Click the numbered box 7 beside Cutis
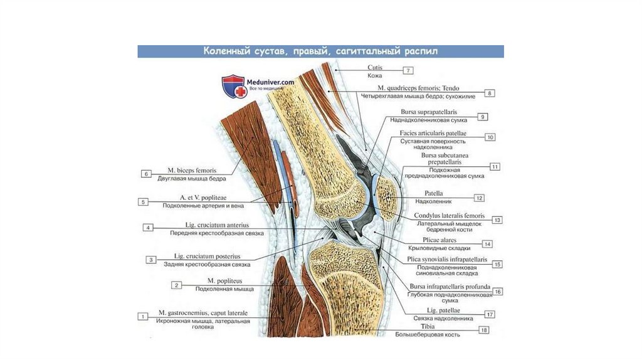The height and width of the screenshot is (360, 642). pyautogui.click(x=408, y=70)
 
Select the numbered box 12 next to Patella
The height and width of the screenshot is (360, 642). pyautogui.click(x=479, y=198)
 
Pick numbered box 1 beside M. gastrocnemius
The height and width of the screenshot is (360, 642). pyautogui.click(x=144, y=316)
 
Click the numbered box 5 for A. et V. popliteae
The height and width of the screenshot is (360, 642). pyautogui.click(x=144, y=202)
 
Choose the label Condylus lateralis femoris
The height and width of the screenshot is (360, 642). pyautogui.click(x=449, y=216)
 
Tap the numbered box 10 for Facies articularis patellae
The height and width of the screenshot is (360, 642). pyautogui.click(x=490, y=137)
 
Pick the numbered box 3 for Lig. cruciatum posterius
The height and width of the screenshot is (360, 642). pyautogui.click(x=151, y=259)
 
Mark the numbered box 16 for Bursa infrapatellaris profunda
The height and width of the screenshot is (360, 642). pyautogui.click(x=498, y=291)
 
